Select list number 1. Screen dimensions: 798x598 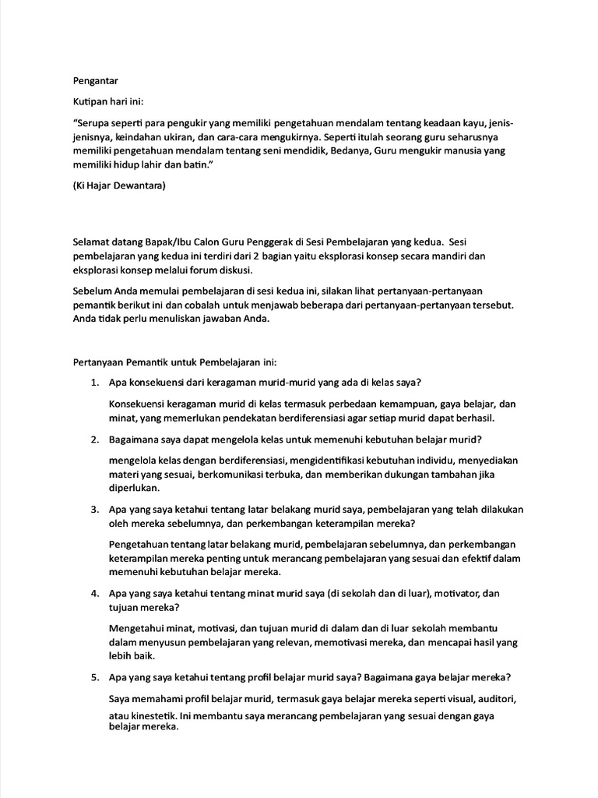click(x=93, y=382)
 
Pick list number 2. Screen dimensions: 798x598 click(x=93, y=440)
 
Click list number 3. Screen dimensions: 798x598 click(x=93, y=510)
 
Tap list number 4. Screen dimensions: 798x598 click(x=93, y=594)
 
